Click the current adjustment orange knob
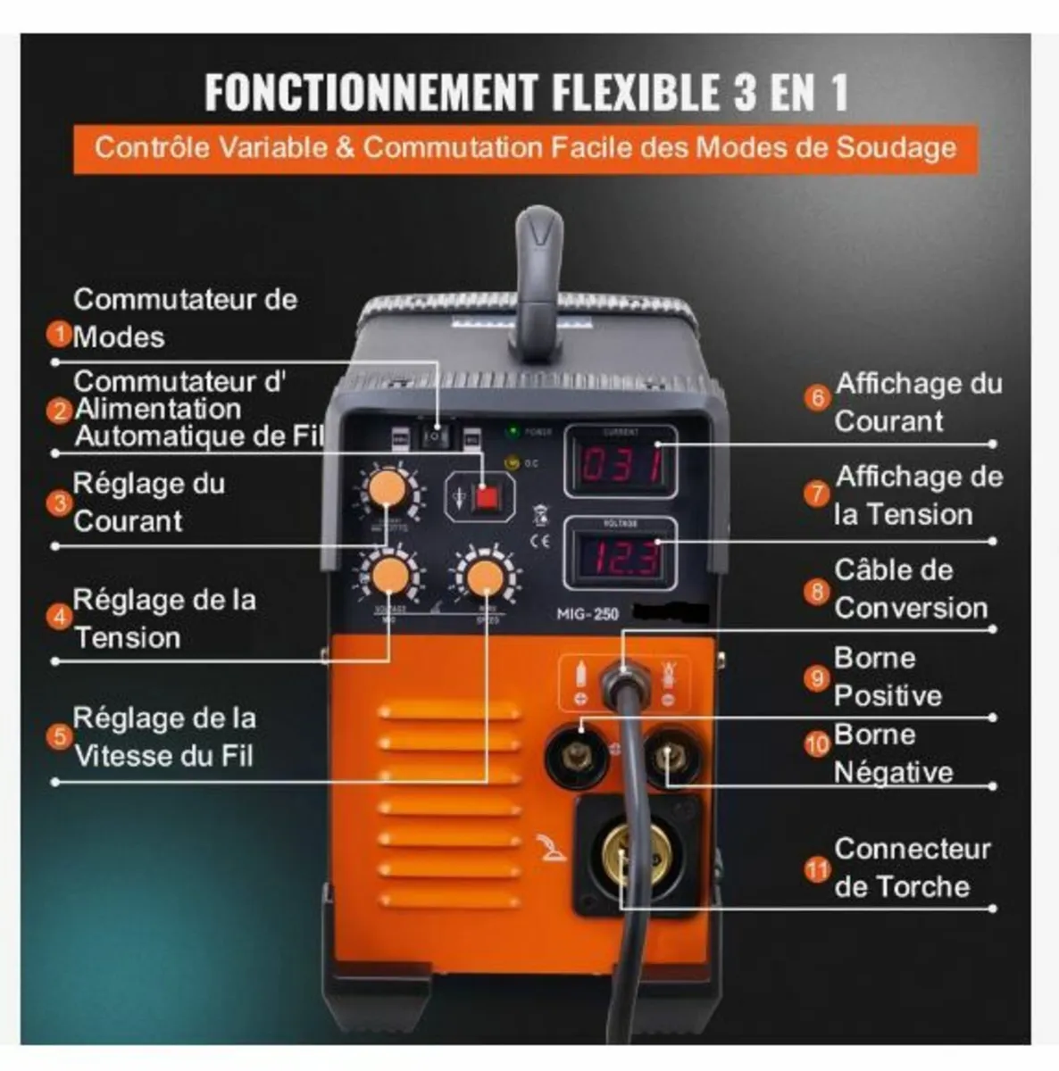(x=388, y=490)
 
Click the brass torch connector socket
(x=637, y=854)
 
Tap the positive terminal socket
(x=578, y=758)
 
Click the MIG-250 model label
(x=588, y=613)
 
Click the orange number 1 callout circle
(x=59, y=335)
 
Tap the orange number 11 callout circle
(x=817, y=868)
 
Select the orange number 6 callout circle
(x=817, y=397)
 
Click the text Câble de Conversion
(x=910, y=589)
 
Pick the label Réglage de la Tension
(x=163, y=619)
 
